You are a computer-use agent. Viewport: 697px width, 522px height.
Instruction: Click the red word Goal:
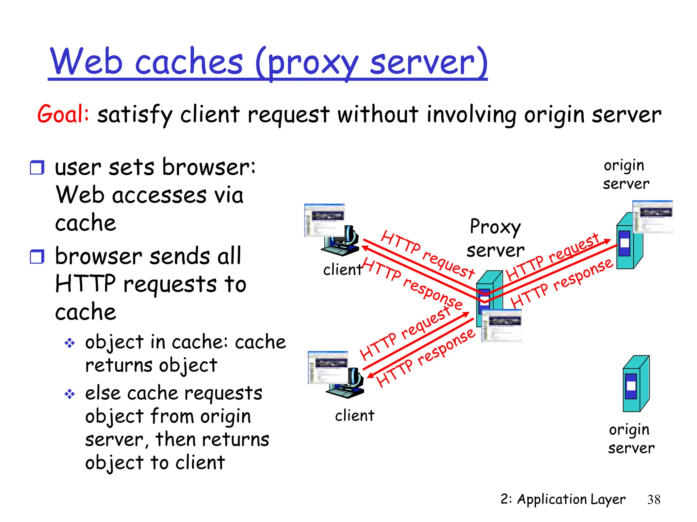coord(63,114)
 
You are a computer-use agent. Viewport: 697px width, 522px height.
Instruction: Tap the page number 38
coord(654,500)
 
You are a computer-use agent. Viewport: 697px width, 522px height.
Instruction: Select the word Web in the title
coord(86,62)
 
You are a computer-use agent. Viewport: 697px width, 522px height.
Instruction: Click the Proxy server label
coord(495,238)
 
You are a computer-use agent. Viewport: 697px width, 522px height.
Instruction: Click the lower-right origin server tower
coord(635,384)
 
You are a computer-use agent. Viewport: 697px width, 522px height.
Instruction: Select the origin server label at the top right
coord(626,174)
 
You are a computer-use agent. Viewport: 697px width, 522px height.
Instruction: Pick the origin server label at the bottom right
coord(631,439)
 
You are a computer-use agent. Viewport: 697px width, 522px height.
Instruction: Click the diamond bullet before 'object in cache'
coord(70,343)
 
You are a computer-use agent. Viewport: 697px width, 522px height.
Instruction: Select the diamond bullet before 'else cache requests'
coord(70,394)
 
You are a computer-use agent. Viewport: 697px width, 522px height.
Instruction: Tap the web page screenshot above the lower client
coord(327,367)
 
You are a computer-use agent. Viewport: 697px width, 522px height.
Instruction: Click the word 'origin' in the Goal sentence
coord(555,115)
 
